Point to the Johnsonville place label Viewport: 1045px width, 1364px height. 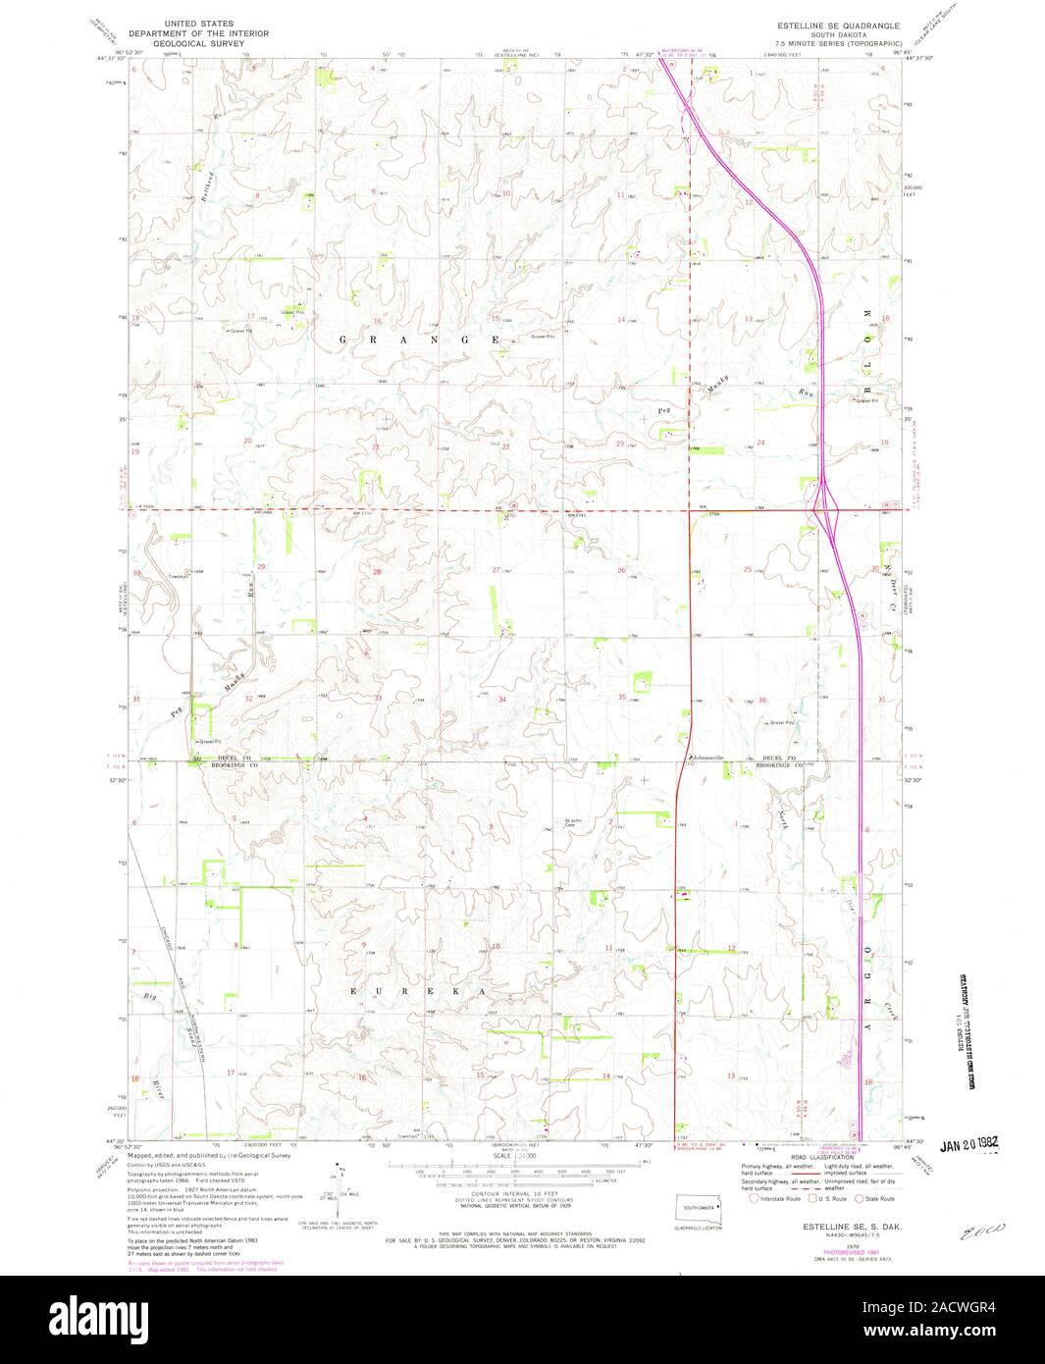point(705,758)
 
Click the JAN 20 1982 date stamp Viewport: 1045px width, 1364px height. point(968,1144)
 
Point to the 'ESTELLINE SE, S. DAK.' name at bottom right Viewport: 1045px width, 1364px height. point(839,1228)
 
